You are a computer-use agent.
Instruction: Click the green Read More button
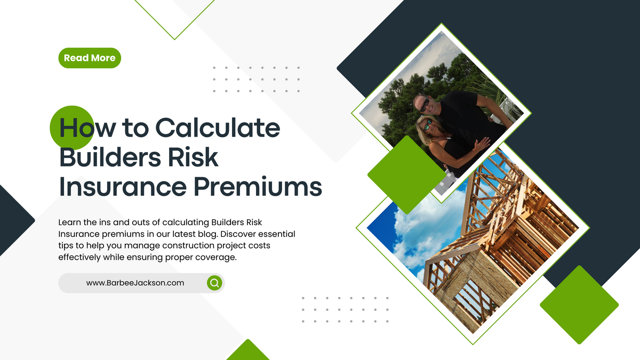pos(90,58)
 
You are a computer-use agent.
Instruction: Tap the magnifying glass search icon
pos(214,283)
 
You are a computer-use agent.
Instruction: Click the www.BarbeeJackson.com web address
pos(135,283)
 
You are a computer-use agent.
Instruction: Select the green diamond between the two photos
pos(406,174)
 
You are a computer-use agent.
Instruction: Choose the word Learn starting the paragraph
pos(69,222)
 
